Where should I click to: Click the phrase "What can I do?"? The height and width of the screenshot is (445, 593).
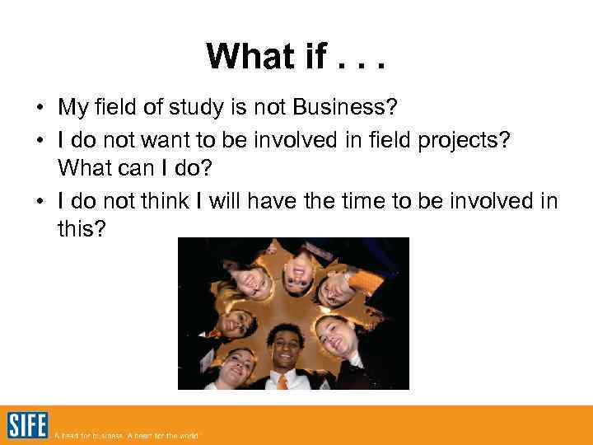[134, 167]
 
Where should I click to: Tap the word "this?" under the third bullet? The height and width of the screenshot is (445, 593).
[82, 228]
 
